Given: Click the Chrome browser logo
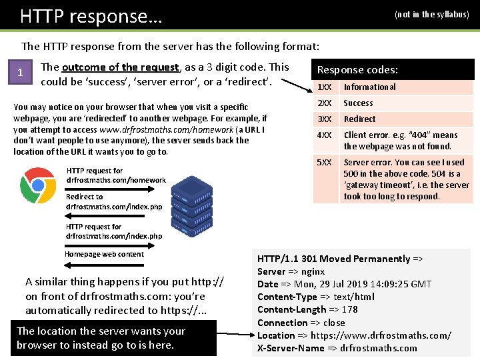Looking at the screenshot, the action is point(37,185).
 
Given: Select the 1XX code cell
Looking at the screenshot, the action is point(325,87).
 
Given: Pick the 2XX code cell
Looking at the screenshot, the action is point(325,103).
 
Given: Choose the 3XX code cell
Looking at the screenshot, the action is point(325,119).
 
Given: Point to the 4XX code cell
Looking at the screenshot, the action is point(325,135).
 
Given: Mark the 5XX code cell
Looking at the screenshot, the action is point(325,163).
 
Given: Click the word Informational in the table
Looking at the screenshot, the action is point(369,87).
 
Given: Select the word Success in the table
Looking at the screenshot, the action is point(358,103).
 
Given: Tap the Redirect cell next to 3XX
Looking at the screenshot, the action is point(359,119).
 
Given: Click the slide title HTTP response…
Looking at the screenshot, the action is point(91,15).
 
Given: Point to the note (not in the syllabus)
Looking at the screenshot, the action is point(431,14).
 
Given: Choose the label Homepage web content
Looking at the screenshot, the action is point(104,254).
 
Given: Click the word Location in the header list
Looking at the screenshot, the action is point(275,335).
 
